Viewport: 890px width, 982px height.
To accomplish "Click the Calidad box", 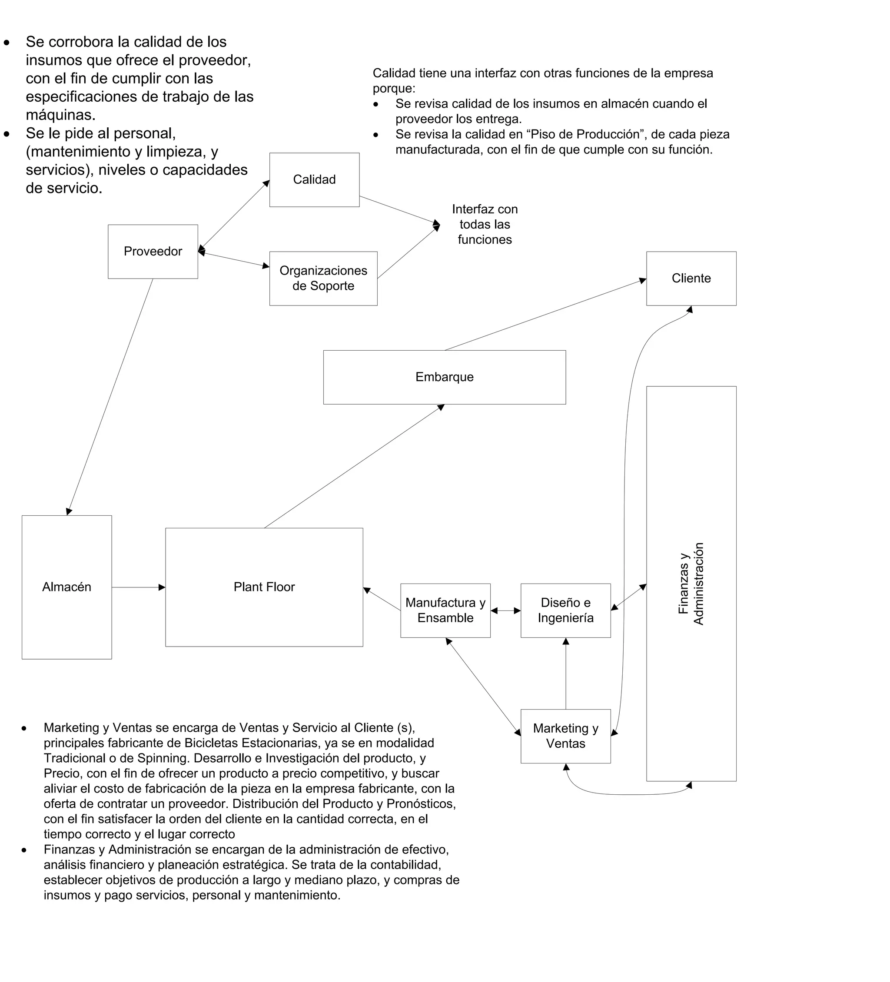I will pos(314,180).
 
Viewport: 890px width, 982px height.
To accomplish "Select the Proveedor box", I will pos(153,251).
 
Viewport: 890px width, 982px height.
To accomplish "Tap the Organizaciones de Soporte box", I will pos(323,279).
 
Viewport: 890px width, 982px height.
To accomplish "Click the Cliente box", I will pos(691,279).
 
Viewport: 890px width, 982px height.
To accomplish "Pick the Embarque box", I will pos(444,377).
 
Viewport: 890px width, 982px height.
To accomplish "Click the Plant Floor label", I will pos(264,587).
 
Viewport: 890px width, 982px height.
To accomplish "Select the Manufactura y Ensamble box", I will pos(445,610).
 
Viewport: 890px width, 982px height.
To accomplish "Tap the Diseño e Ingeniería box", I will pos(565,610).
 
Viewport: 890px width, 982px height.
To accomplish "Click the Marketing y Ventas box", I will pos(565,736).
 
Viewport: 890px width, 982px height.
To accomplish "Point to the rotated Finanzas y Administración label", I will pos(691,584).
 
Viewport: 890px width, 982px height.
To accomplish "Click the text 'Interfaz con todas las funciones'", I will pos(484,225).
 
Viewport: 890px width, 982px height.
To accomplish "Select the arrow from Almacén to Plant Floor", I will pos(138,587).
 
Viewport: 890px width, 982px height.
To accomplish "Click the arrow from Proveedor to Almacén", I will pos(110,397).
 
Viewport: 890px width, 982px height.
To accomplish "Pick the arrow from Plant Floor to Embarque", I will pos(354,466).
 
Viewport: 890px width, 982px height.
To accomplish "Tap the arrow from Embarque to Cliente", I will pos(545,315).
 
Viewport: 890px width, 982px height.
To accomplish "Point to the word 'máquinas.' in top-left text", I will pos(60,116).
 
